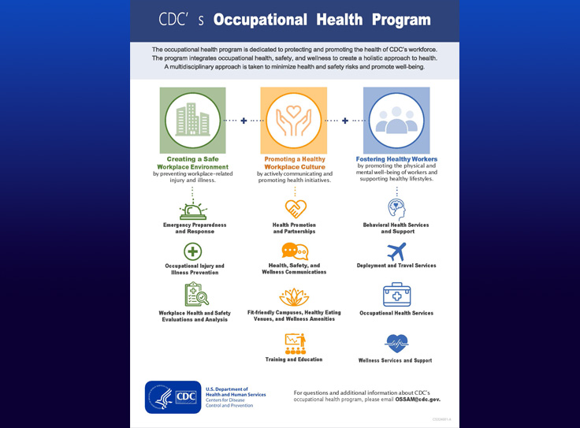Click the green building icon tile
193,120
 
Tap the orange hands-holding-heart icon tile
294,120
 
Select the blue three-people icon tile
396,120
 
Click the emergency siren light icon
193,211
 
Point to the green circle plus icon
193,252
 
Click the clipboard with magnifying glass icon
195,295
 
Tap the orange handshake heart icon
295,210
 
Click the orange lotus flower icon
295,297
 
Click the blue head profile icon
396,209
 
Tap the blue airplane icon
396,252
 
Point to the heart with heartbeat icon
396,343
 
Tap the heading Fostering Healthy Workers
397,159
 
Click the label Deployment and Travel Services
396,266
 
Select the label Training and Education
294,359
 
